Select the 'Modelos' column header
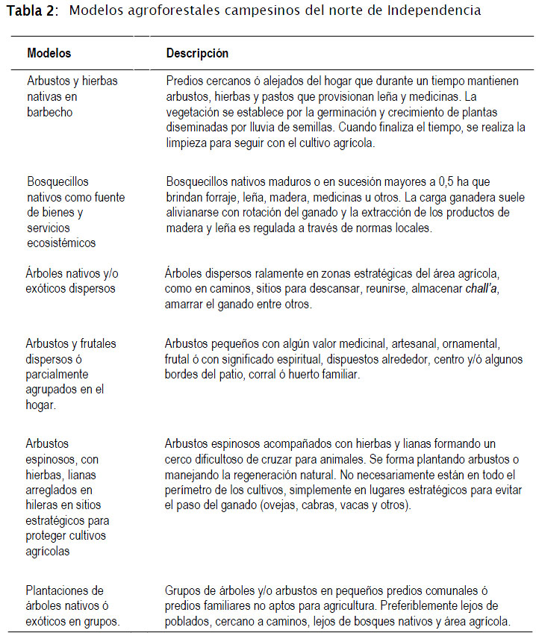click(x=49, y=54)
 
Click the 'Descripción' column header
click(x=197, y=54)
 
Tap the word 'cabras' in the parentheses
click(x=347, y=505)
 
